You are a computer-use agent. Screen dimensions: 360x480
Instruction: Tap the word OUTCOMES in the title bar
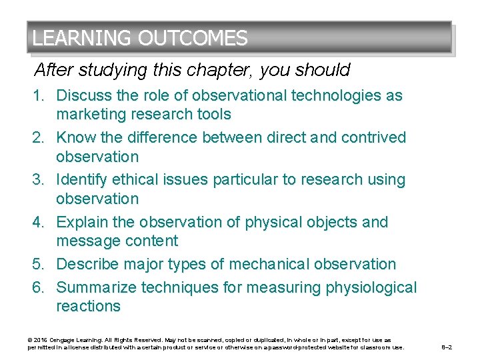(x=193, y=38)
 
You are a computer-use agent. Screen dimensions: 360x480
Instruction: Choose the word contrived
(x=374, y=137)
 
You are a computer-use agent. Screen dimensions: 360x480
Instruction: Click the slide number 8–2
(x=449, y=347)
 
